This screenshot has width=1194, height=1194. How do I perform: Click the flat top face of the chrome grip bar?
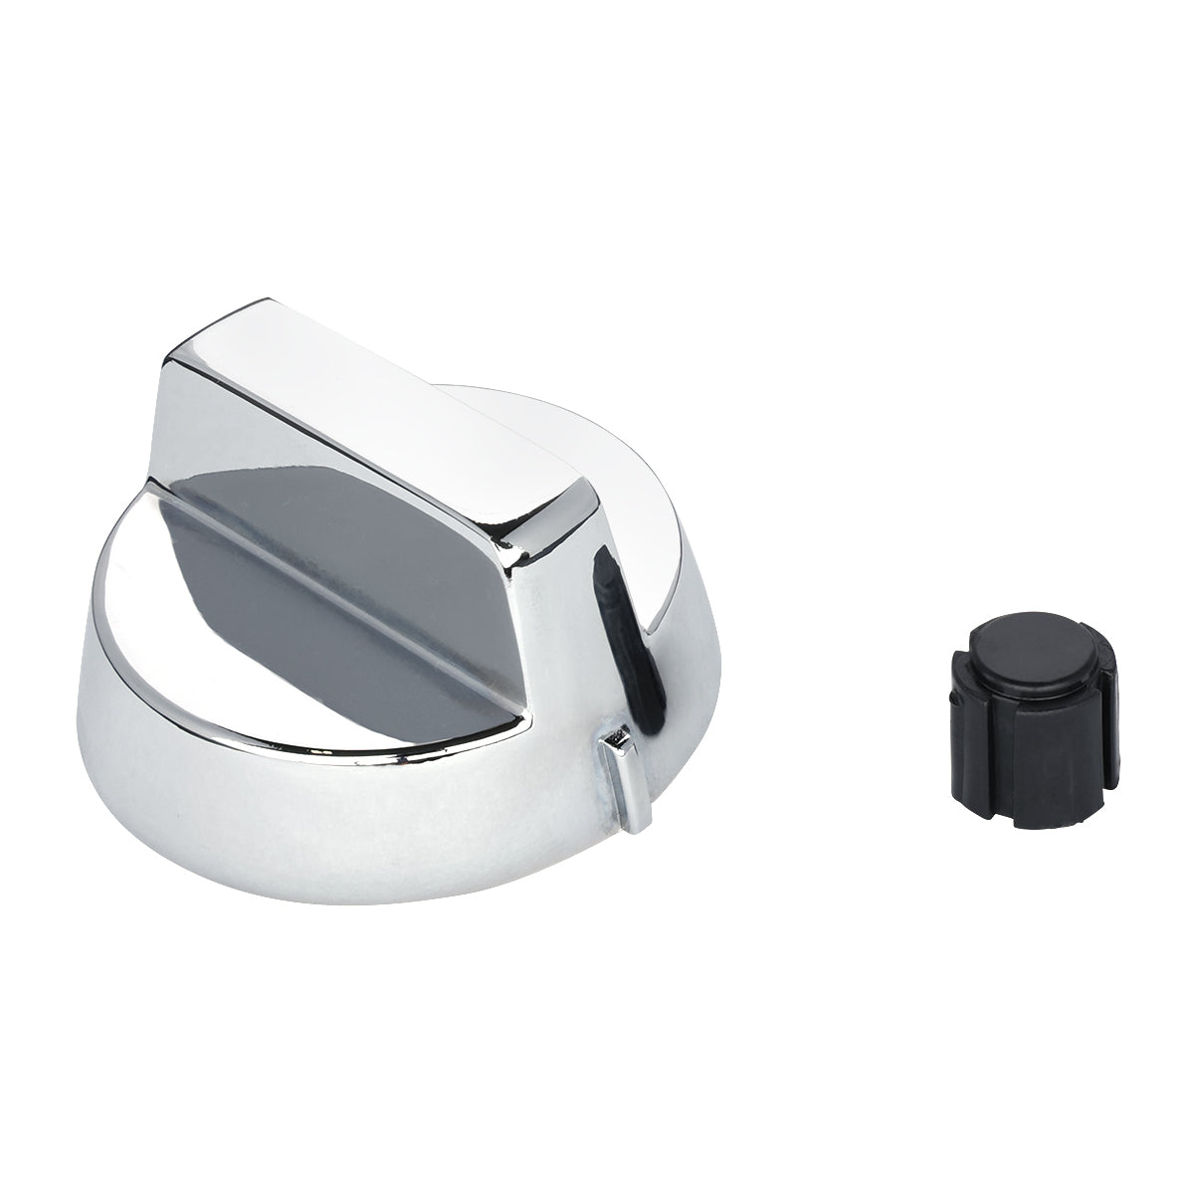[378, 398]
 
